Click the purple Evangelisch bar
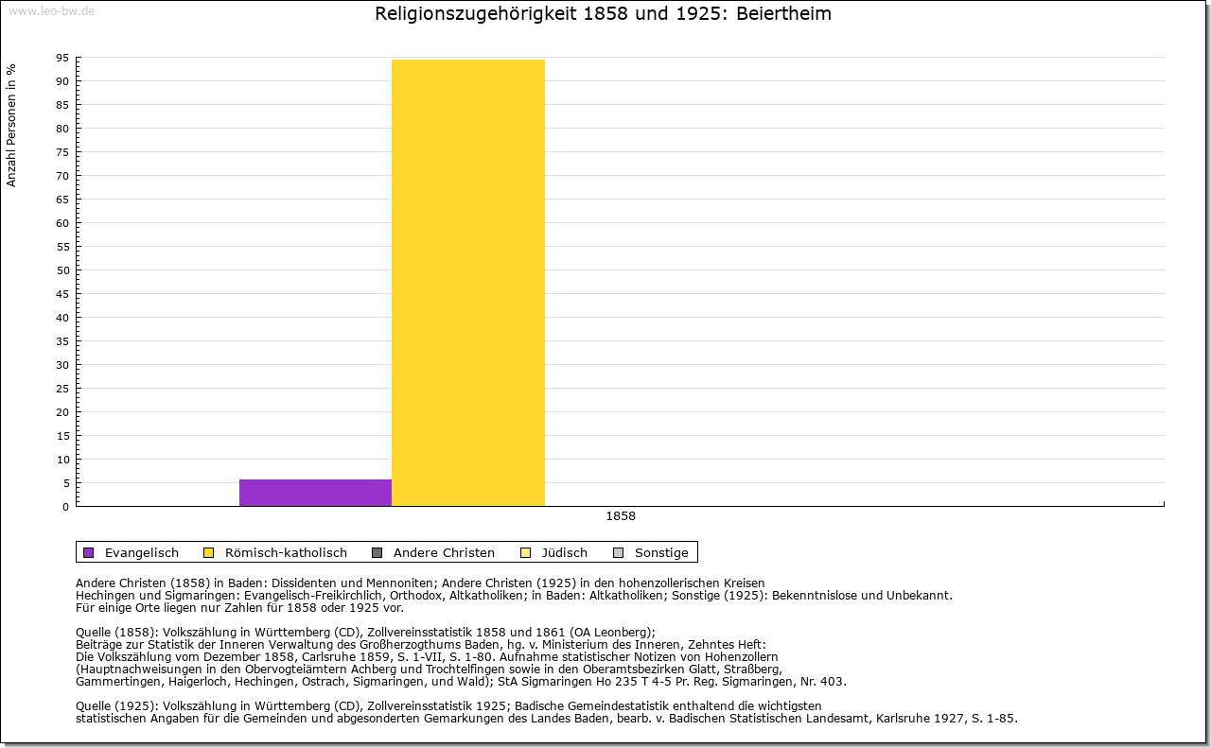pos(315,493)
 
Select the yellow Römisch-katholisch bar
pos(467,283)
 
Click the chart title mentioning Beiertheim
pos(604,14)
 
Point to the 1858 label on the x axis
pos(621,516)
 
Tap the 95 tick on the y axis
pos(62,58)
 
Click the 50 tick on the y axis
pos(62,270)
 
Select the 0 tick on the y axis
pos(65,507)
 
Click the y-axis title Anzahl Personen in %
pos(11,125)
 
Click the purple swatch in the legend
pos(89,553)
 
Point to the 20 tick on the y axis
pos(62,412)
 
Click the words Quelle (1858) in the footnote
pos(113,633)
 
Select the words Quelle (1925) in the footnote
pos(113,705)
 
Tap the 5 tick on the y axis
pos(65,483)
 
